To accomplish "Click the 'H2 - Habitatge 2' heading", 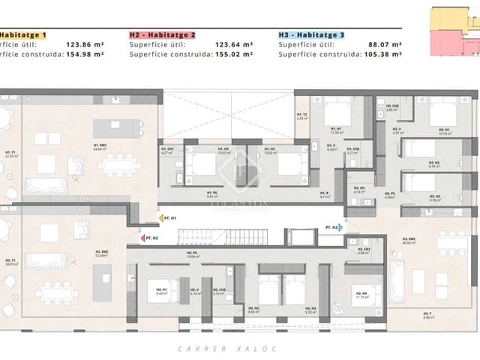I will click(x=163, y=34).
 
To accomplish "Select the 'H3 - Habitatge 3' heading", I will click(x=312, y=34).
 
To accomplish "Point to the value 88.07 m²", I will click(x=389, y=44).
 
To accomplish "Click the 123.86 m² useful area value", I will click(x=91, y=44).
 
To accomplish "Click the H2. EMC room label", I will click(x=100, y=253).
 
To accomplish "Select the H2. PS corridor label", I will click(x=192, y=253).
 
